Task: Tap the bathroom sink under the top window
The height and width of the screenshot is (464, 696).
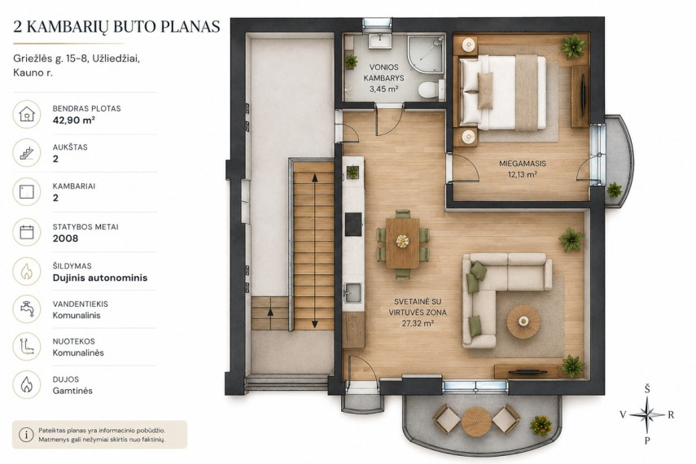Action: tap(379, 41)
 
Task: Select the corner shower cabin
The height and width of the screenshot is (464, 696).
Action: tap(425, 55)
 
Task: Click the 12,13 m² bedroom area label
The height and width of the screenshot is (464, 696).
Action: tap(523, 174)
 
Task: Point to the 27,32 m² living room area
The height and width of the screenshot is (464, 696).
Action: tap(418, 324)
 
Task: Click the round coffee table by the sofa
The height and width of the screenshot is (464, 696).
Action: tap(523, 322)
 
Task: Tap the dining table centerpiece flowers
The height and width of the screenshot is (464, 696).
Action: tap(403, 241)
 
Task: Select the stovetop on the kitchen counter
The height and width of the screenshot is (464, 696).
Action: tap(353, 224)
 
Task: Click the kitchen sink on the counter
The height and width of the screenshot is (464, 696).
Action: tap(352, 291)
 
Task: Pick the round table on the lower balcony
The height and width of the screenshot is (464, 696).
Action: tap(476, 422)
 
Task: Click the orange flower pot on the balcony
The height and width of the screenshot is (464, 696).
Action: tap(541, 425)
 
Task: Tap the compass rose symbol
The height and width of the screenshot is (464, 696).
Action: tap(646, 415)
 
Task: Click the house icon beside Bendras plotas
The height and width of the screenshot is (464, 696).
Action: tap(27, 114)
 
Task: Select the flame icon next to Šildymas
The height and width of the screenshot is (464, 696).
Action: tap(27, 271)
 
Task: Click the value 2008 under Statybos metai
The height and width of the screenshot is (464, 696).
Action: tap(65, 239)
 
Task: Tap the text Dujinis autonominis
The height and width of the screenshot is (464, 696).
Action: tap(100, 278)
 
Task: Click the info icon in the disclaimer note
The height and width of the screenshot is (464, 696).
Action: tap(26, 435)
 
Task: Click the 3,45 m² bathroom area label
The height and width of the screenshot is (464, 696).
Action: tap(383, 89)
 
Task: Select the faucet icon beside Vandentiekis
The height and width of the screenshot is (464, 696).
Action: tap(27, 309)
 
